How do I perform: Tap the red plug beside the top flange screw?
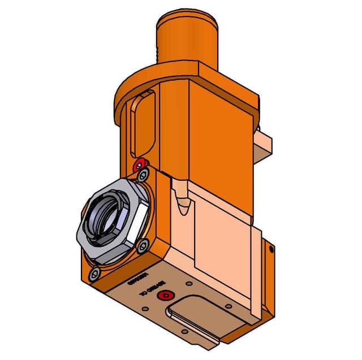tap(137, 165)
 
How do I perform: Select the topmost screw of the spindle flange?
tap(144, 173)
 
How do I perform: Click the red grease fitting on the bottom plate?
tap(165, 296)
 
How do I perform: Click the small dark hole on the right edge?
tap(271, 249)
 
